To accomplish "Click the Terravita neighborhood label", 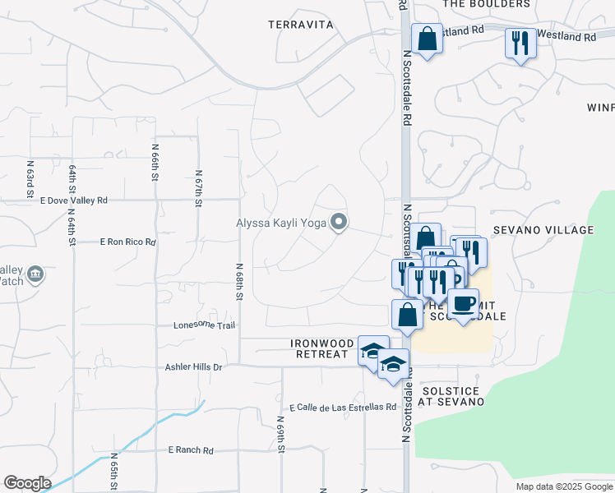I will coord(301,25).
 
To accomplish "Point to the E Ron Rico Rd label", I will coord(127,242).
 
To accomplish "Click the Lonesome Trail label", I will coord(204,325).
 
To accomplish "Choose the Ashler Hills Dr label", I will coord(194,367).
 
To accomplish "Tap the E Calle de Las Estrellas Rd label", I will coord(343,408).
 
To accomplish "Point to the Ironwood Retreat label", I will coord(321,348).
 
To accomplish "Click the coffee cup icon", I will coord(464,303).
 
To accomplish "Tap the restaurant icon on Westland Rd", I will coord(520,42).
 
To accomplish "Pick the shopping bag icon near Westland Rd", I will coord(427,39).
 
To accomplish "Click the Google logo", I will coord(27,483).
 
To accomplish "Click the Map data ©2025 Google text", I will coord(563,486).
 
